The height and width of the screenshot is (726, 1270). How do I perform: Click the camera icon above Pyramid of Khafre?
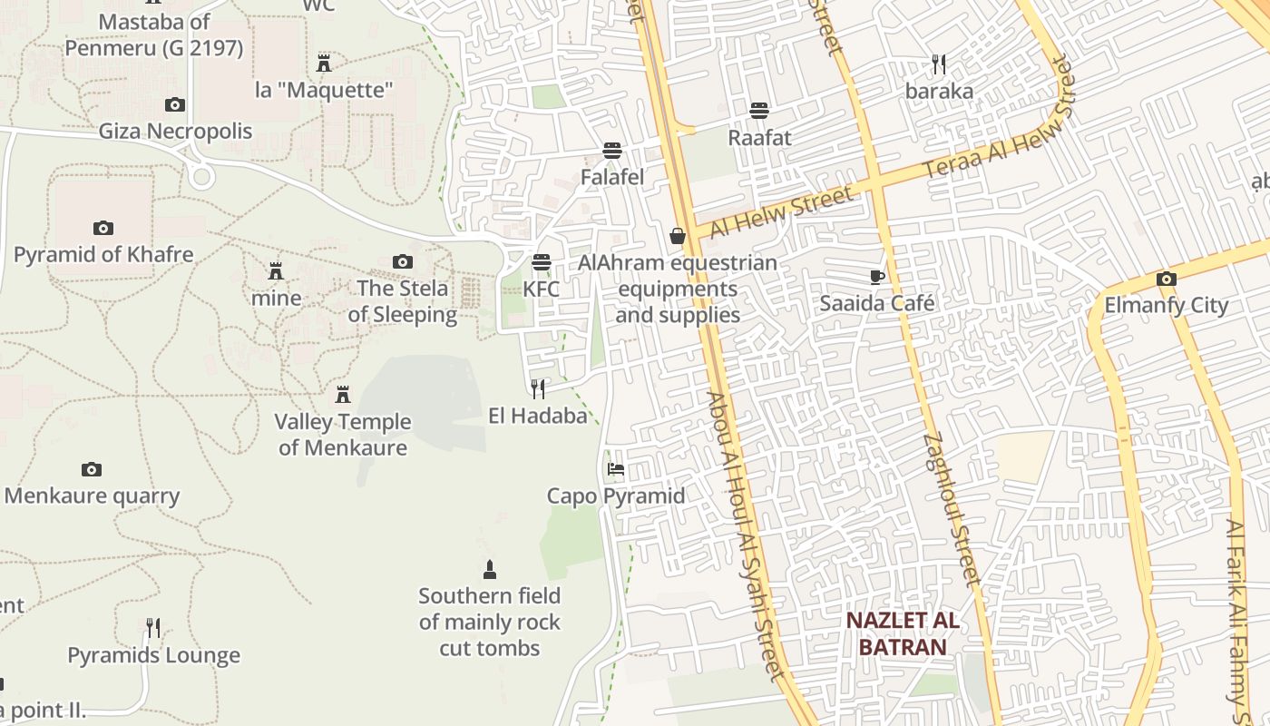point(103,228)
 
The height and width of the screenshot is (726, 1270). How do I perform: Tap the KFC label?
point(541,289)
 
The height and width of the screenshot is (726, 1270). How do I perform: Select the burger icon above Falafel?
point(612,150)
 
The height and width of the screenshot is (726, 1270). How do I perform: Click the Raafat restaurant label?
point(759,138)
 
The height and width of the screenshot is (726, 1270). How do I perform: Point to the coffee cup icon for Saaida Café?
point(876,277)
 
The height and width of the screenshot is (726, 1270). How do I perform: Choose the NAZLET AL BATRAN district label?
point(902,633)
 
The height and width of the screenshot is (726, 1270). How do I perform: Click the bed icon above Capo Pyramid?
point(616,469)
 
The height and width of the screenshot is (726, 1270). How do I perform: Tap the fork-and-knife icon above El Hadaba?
point(538,389)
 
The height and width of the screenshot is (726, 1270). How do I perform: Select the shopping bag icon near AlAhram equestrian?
point(677,236)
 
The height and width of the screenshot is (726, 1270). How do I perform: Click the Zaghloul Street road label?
point(952,508)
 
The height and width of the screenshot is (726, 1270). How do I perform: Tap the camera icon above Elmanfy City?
point(1166,279)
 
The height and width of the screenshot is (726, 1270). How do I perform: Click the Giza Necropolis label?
point(175,131)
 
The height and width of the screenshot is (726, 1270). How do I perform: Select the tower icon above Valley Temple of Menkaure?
point(343,395)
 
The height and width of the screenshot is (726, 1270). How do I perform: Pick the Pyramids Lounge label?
point(153,655)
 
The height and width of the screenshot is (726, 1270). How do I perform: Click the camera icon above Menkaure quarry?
point(91,469)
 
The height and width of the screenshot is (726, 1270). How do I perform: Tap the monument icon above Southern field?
point(490,570)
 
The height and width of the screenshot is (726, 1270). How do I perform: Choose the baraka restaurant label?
point(939,91)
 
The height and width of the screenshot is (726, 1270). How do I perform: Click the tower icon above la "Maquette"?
point(324,63)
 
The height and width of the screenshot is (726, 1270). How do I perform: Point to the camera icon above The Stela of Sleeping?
point(402,262)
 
